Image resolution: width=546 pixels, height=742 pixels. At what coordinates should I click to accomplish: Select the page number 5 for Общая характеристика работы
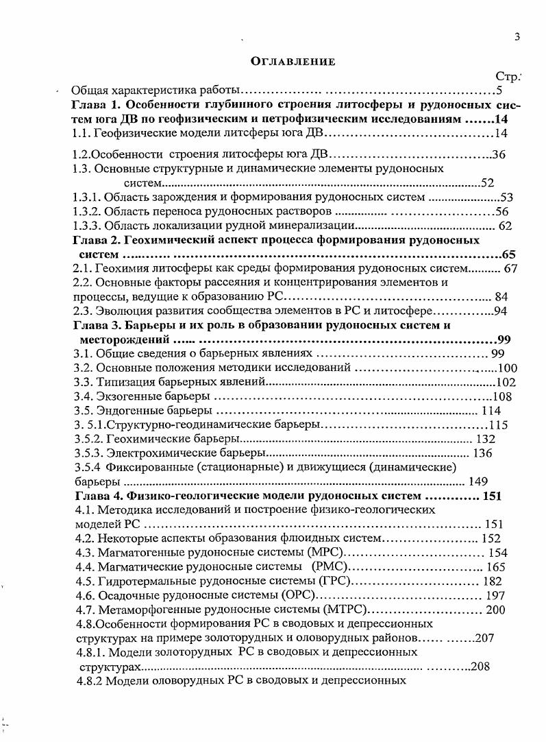click(x=500, y=90)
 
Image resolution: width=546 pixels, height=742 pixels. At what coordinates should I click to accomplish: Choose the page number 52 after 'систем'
click(x=487, y=183)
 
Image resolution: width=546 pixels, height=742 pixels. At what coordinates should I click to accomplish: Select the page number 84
click(x=500, y=296)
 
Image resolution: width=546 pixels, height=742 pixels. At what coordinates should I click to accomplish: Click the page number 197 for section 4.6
click(x=493, y=595)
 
